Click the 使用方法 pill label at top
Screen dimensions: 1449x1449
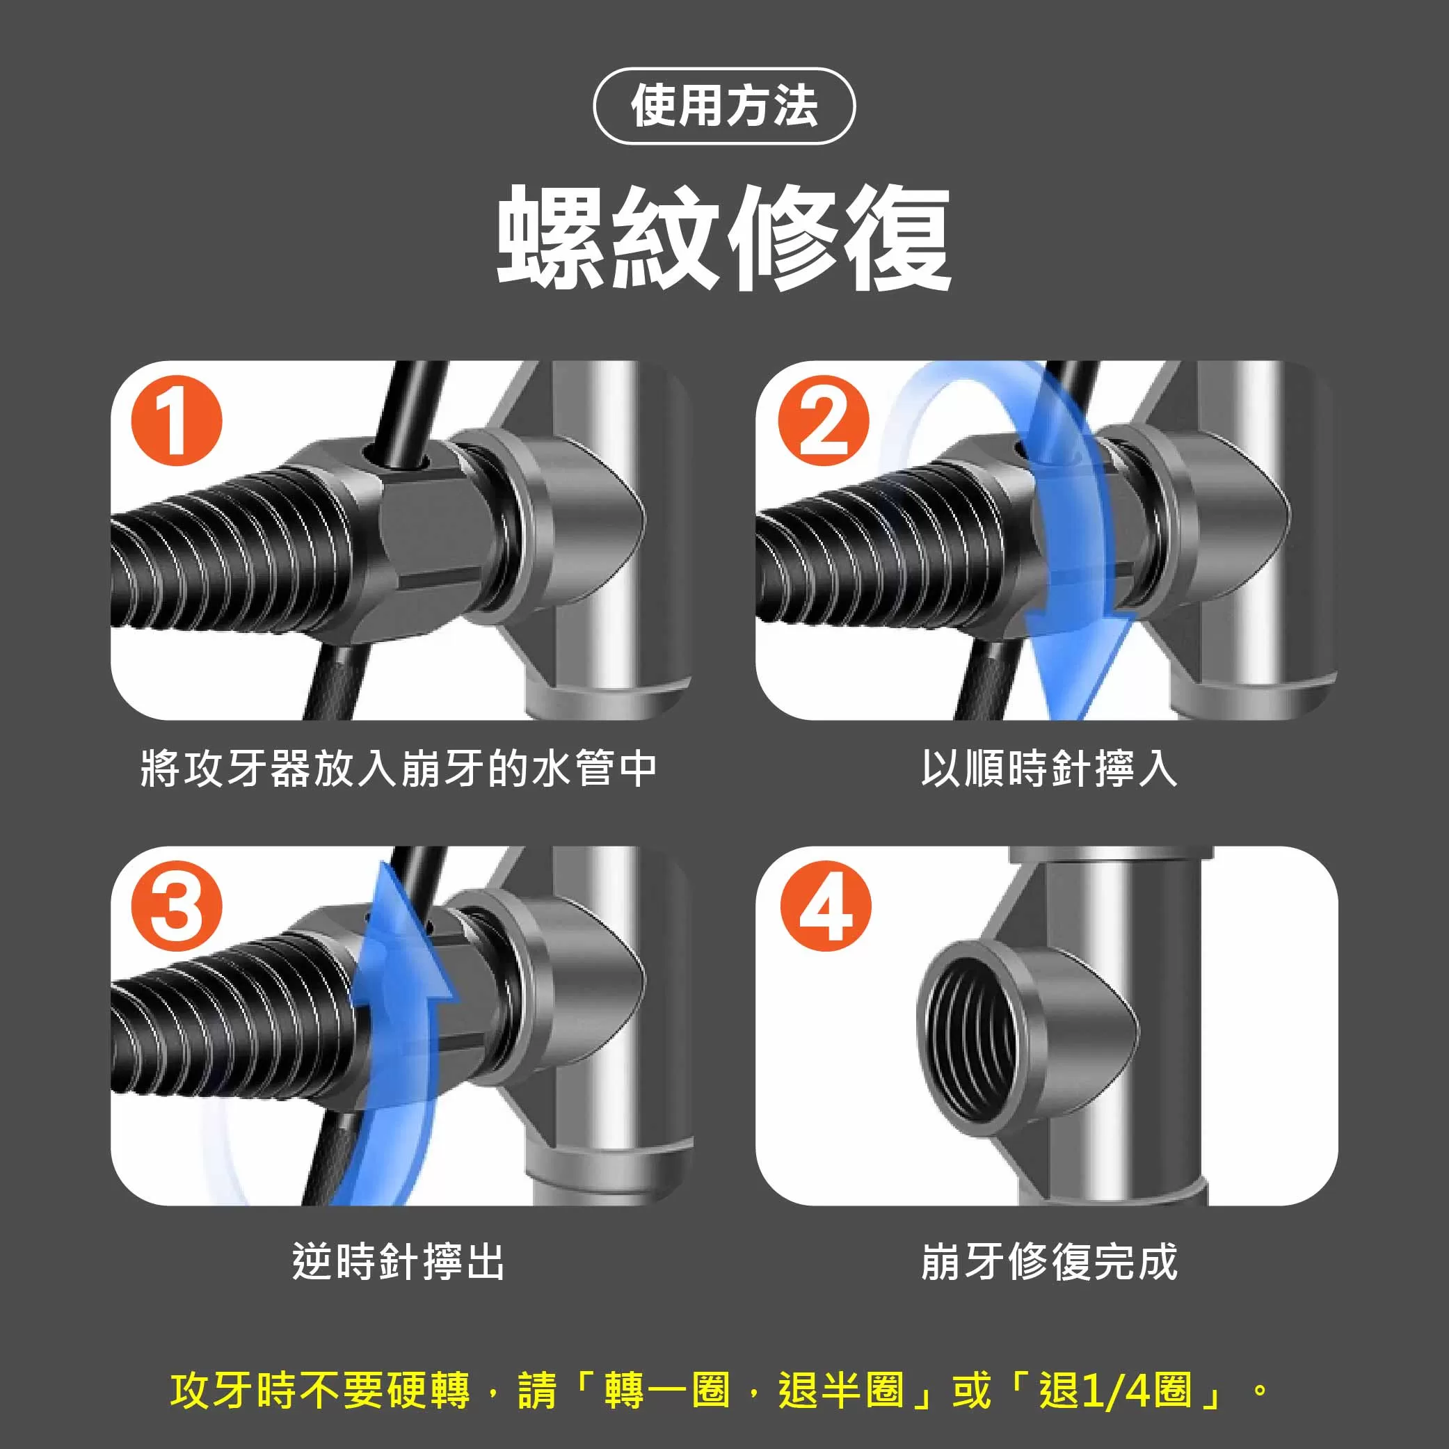point(723,106)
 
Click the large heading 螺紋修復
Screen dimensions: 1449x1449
point(723,239)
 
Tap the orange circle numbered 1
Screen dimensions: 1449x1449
point(177,421)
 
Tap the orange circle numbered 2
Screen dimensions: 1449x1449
point(823,421)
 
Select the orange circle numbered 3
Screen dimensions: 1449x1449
point(177,906)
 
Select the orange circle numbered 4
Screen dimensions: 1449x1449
point(826,906)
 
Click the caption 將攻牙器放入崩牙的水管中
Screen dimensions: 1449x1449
point(399,769)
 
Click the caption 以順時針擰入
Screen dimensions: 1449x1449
point(1048,769)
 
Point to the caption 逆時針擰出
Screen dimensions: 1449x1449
point(399,1261)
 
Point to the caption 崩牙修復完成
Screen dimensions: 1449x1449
point(1048,1261)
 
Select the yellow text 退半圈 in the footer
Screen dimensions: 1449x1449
point(840,1390)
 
